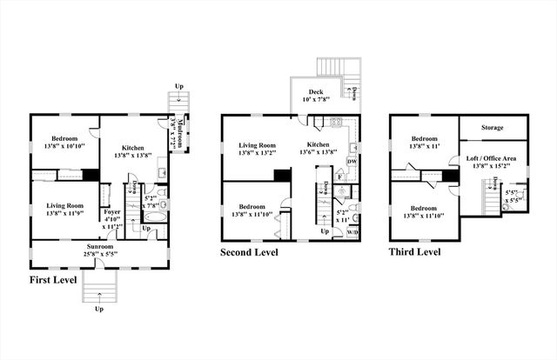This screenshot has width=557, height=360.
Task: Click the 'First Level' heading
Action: (53, 280)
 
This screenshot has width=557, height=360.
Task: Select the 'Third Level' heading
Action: (414, 251)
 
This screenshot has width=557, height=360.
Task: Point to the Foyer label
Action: (113, 210)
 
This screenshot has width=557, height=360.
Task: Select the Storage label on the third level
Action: (493, 128)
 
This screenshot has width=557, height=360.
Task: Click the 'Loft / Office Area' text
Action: (492, 158)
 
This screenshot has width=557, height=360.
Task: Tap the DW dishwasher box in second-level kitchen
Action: (352, 161)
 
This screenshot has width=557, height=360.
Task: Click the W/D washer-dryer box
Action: (352, 232)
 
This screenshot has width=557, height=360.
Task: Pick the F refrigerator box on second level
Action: (339, 177)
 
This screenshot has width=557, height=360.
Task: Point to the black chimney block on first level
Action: (90, 174)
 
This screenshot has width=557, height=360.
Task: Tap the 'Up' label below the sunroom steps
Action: (98, 309)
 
